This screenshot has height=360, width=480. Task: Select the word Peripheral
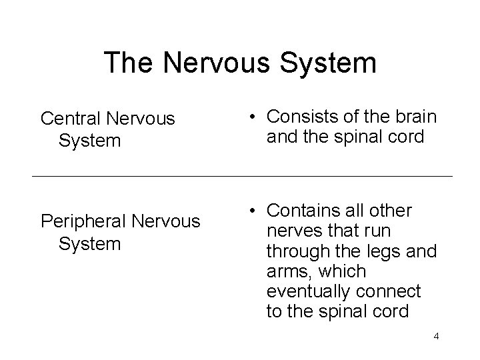[x=82, y=221]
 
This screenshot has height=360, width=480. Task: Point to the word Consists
[x=301, y=117]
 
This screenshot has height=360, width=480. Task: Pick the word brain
[x=416, y=117]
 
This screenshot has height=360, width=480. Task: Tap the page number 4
[x=436, y=337]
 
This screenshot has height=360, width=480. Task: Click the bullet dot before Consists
[x=254, y=117]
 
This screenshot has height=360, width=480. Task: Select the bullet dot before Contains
[x=254, y=212]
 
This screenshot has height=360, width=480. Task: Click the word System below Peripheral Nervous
[x=90, y=243]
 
